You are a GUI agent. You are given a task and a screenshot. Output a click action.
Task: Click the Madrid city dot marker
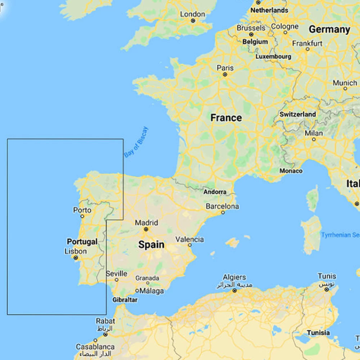[x=146, y=229]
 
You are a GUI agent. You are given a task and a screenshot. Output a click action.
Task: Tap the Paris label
[x=225, y=68]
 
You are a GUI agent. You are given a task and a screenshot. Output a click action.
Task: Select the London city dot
[x=193, y=21]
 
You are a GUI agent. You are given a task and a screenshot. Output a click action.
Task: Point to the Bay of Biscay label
[x=136, y=142]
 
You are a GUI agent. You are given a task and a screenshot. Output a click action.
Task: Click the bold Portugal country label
[x=82, y=242]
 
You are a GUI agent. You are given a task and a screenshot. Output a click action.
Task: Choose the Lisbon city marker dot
[x=76, y=258]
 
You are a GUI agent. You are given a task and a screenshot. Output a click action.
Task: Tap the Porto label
[x=82, y=210]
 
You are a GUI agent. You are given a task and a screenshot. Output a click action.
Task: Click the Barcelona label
[x=222, y=207]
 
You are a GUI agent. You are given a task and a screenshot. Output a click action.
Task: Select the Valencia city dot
[x=189, y=246]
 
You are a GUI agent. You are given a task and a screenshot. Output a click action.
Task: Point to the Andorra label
[x=215, y=192]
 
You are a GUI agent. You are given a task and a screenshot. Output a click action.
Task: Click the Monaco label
[x=291, y=171]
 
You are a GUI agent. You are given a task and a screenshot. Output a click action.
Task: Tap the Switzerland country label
[x=298, y=114]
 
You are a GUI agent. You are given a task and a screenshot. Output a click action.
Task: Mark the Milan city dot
[x=314, y=139]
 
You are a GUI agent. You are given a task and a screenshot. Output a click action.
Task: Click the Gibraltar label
[x=125, y=300]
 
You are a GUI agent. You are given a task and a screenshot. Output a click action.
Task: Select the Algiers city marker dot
[x=235, y=290]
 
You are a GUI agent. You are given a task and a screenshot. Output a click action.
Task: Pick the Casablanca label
[x=95, y=347]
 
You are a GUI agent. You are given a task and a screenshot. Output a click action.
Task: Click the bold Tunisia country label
[x=318, y=333]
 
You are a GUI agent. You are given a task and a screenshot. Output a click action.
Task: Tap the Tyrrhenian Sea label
[x=341, y=235]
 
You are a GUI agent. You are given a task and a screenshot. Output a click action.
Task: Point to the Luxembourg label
[x=273, y=57]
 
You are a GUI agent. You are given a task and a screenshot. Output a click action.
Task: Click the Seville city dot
[x=117, y=279]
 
